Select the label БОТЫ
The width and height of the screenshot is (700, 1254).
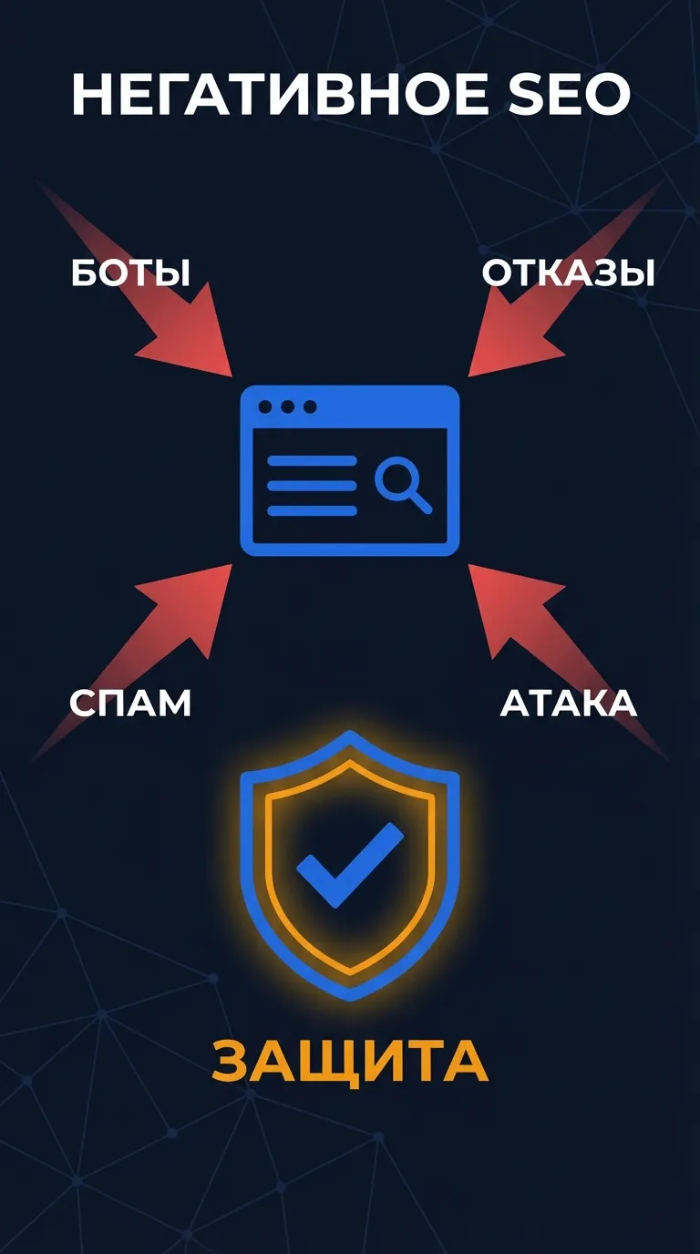tap(130, 272)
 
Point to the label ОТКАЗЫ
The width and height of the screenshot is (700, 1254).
tap(568, 272)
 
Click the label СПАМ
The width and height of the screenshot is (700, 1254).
tap(130, 703)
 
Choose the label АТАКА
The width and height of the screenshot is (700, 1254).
tap(569, 703)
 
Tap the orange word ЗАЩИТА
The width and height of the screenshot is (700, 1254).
tap(350, 1062)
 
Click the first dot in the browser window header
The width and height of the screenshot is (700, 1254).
tap(265, 407)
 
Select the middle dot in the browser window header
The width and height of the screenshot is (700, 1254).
tap(288, 407)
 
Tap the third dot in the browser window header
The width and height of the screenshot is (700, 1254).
tap(310, 407)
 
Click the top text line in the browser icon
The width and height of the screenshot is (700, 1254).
tap(312, 461)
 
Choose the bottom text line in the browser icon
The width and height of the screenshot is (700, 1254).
tap(312, 510)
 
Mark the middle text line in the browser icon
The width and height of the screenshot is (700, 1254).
tap(312, 486)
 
